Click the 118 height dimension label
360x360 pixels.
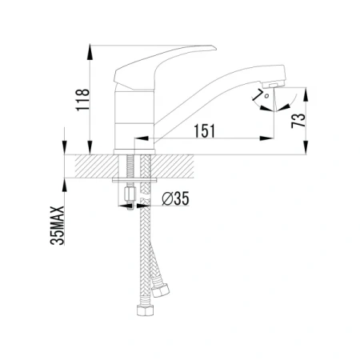(x=82, y=100)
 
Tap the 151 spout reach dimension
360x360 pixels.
(x=204, y=130)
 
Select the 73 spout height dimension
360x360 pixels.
(x=298, y=121)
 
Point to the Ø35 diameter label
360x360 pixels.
(x=176, y=198)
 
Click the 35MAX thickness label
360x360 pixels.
(x=58, y=226)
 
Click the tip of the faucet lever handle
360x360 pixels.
(x=215, y=48)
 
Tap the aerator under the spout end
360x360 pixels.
(x=274, y=85)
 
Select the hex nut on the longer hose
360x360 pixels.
(x=146, y=310)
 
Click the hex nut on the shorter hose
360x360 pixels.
(x=160, y=290)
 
